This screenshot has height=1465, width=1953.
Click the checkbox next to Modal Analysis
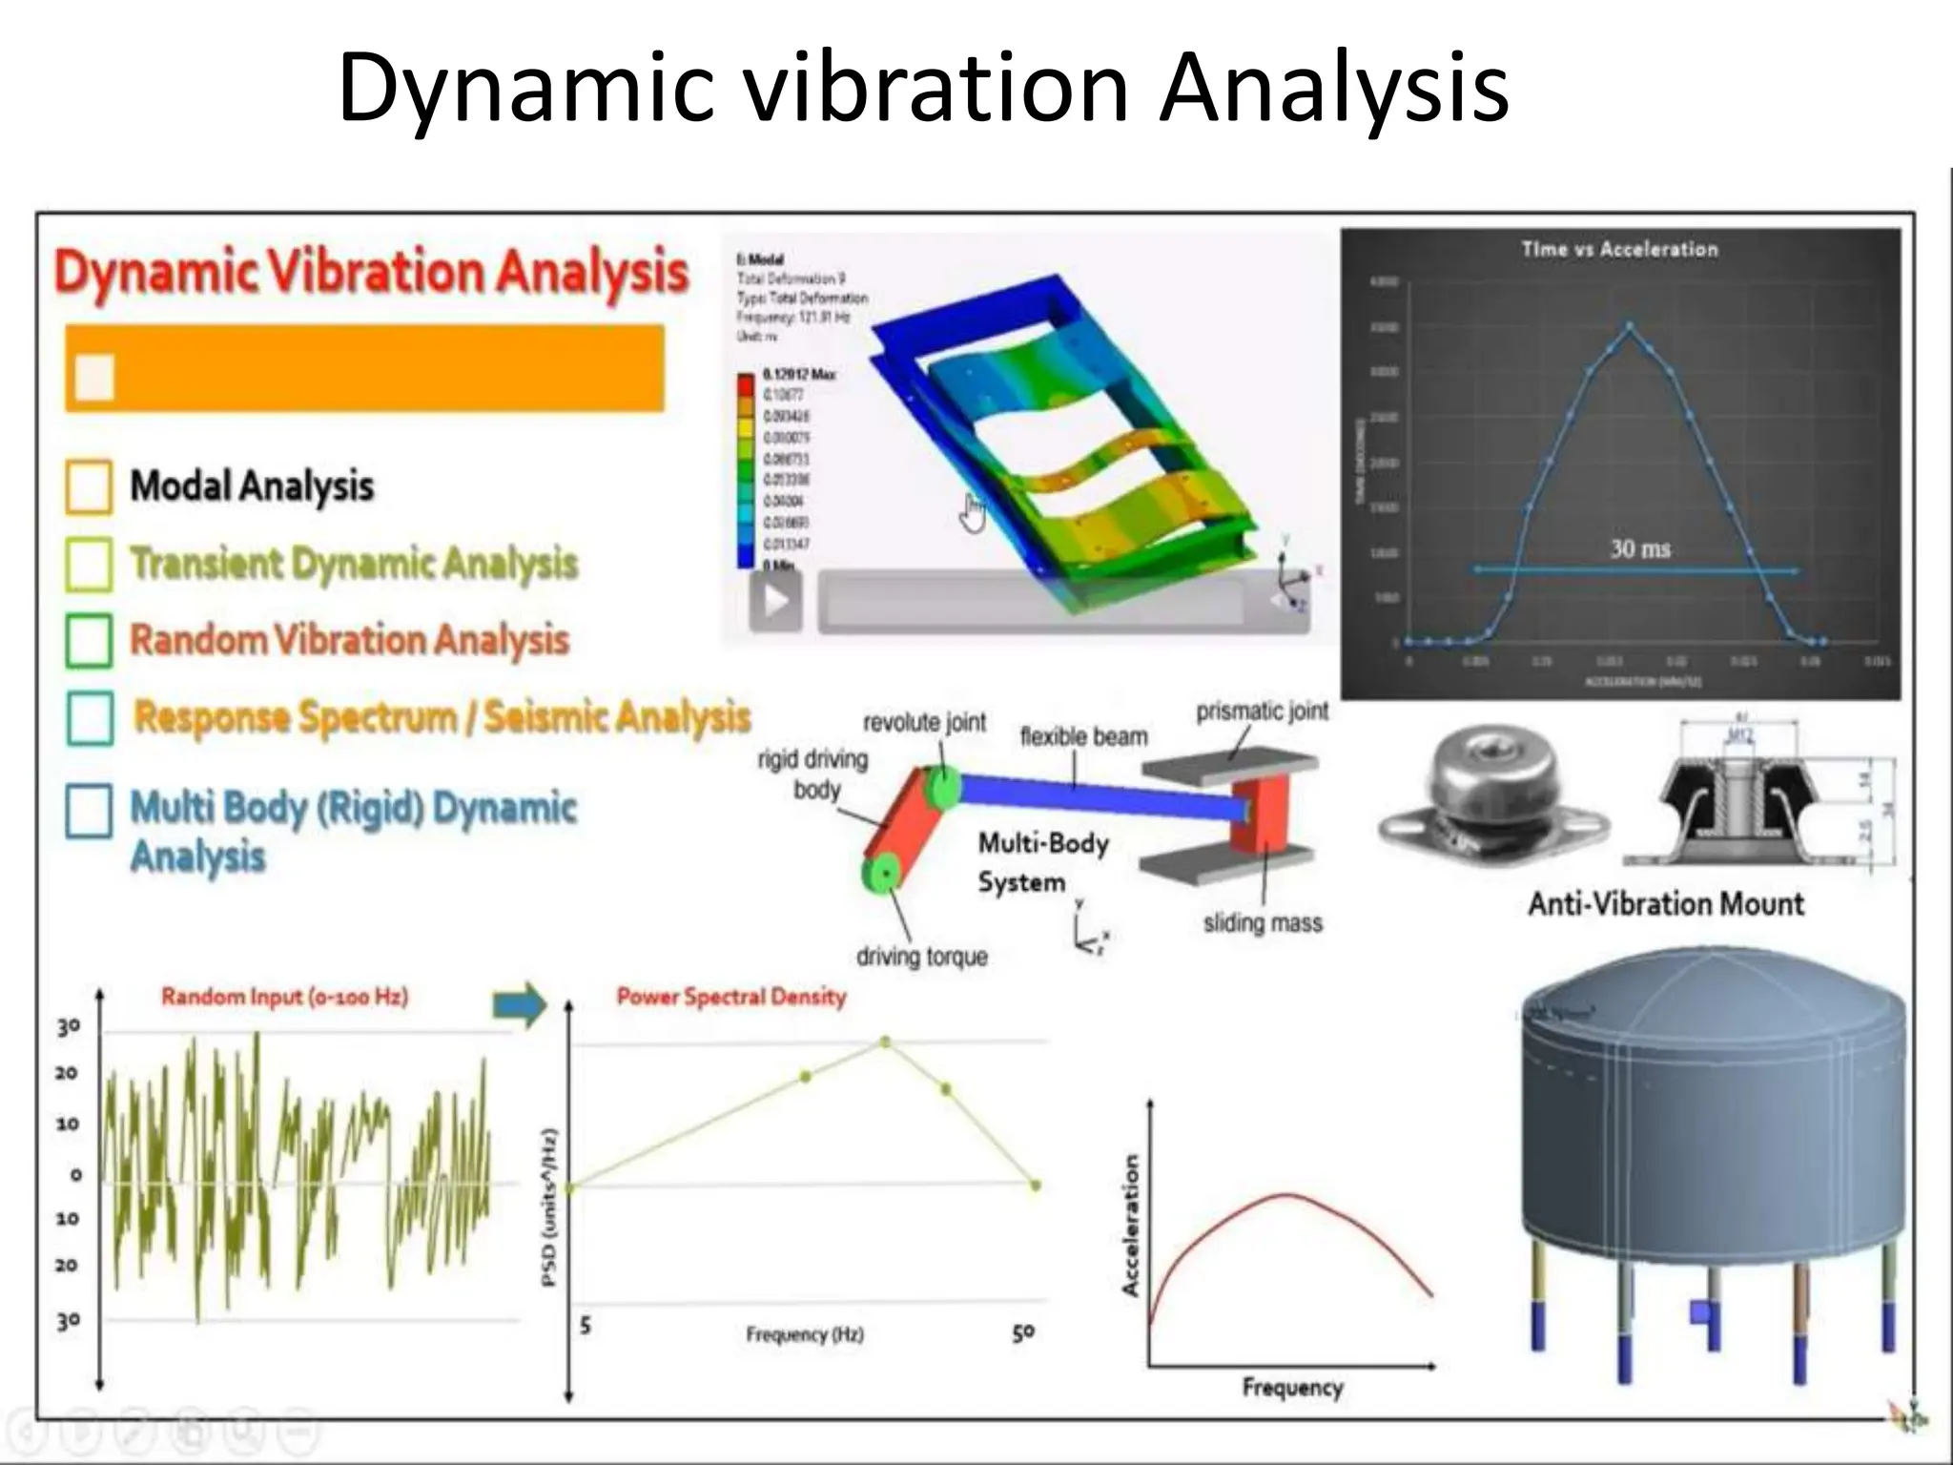(x=89, y=487)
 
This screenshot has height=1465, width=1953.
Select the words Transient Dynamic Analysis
(x=354, y=563)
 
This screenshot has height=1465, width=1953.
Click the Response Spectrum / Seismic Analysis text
(x=442, y=717)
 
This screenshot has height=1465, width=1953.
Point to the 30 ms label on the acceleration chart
(x=1640, y=548)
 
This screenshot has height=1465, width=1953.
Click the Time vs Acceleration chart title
(x=1619, y=249)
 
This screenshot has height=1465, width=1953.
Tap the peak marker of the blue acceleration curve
(x=1630, y=326)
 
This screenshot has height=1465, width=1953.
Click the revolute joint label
(x=924, y=722)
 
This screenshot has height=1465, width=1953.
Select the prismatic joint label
(x=1262, y=712)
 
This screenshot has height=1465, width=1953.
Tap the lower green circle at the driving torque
(x=882, y=872)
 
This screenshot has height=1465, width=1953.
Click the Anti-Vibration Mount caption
(x=1666, y=903)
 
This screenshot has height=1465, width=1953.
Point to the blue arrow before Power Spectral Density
(x=520, y=1003)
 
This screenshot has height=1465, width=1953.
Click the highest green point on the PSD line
(x=886, y=1042)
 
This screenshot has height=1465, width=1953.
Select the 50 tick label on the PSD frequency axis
(x=1022, y=1332)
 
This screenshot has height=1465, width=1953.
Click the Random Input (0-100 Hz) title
(x=284, y=997)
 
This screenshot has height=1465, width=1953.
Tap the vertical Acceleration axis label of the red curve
(x=1131, y=1226)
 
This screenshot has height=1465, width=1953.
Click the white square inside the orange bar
(x=94, y=377)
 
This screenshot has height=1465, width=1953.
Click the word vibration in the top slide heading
(x=935, y=88)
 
